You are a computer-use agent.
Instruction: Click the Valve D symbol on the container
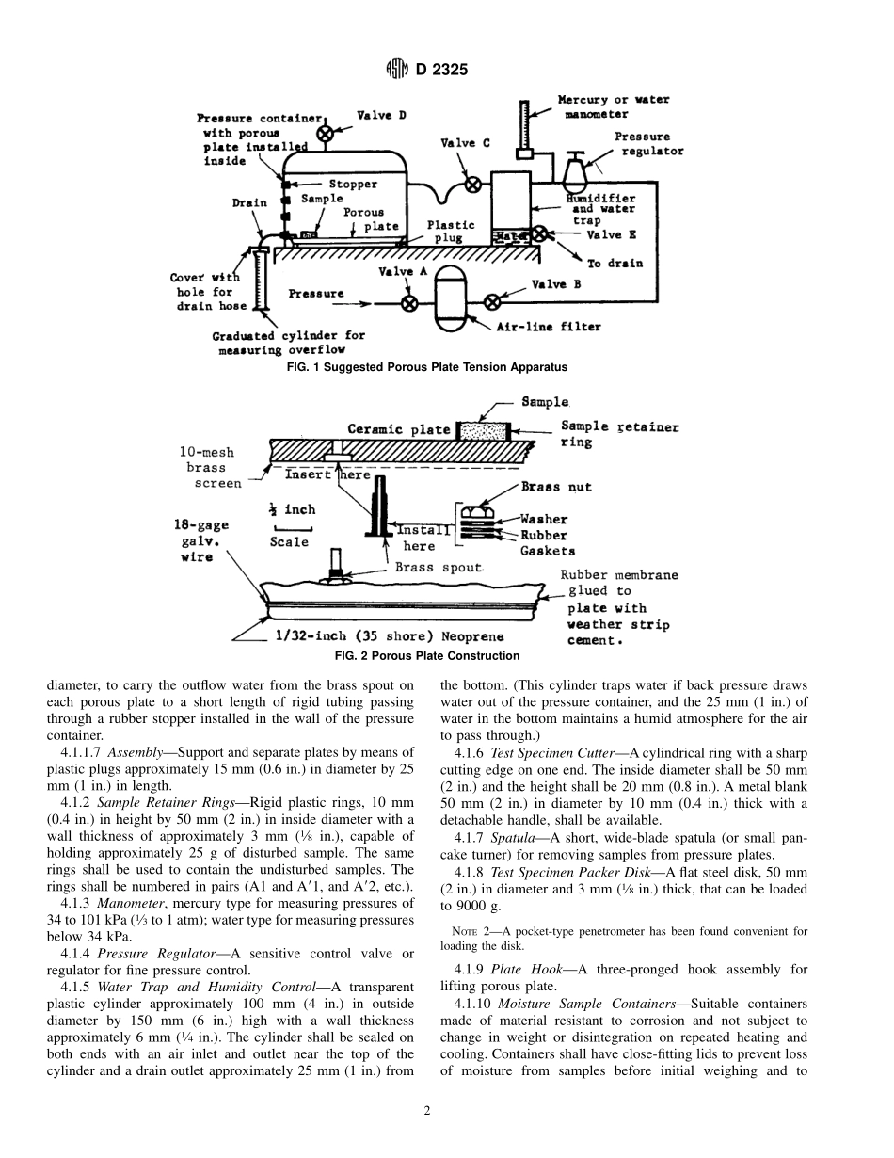click(325, 133)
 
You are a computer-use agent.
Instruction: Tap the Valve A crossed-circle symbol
click(409, 303)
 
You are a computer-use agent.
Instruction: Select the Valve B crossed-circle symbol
click(491, 302)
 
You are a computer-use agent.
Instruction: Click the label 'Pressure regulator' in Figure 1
click(648, 143)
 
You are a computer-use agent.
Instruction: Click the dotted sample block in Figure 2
click(483, 431)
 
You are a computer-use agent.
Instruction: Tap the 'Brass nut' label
click(556, 488)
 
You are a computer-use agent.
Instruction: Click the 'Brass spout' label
click(438, 568)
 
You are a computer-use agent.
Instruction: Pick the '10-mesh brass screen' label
click(210, 467)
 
